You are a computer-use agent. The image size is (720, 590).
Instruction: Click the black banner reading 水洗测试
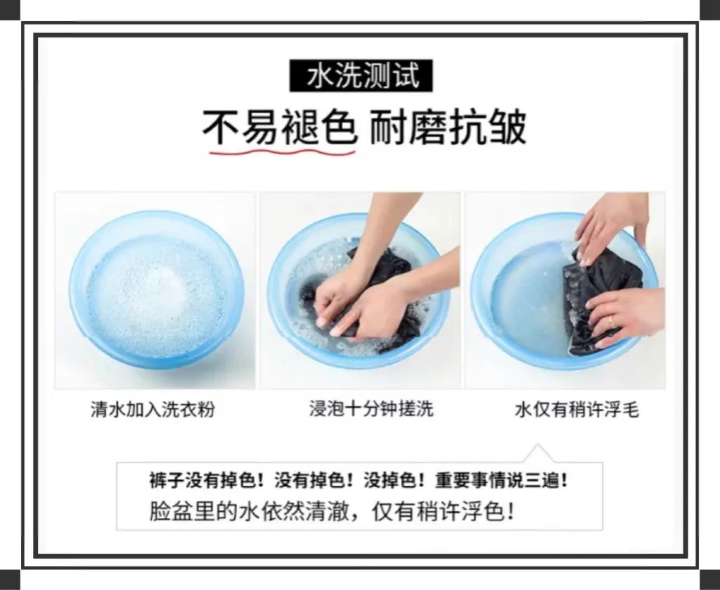[361, 75]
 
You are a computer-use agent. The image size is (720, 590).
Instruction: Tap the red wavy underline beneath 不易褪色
[283, 151]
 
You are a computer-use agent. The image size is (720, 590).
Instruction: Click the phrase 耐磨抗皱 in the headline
[448, 127]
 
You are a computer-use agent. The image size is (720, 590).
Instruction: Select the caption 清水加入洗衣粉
[153, 409]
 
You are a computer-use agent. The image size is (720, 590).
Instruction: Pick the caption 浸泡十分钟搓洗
[371, 408]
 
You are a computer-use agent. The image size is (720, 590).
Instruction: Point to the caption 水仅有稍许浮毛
[577, 409]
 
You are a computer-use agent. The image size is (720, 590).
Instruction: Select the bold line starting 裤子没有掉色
[359, 481]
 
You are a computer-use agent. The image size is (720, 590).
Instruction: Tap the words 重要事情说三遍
[501, 481]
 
